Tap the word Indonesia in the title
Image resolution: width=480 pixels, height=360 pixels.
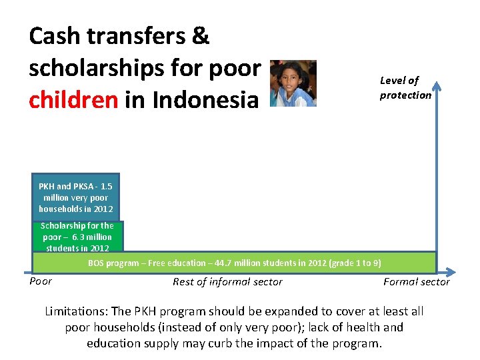[205, 100]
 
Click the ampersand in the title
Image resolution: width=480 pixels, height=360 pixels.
[201, 37]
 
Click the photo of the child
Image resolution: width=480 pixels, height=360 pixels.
[293, 83]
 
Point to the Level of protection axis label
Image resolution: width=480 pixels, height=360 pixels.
[405, 87]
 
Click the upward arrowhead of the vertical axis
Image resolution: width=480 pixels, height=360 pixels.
[436, 85]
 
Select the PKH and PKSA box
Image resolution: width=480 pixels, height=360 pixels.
[75, 198]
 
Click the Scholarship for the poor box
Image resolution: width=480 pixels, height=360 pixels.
[78, 237]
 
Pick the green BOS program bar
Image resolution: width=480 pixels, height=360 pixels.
[234, 263]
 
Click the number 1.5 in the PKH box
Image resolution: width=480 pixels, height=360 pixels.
[105, 187]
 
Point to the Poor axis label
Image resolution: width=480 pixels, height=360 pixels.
[41, 281]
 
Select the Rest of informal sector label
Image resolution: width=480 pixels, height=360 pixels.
[227, 282]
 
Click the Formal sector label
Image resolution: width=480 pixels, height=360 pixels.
[416, 282]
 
